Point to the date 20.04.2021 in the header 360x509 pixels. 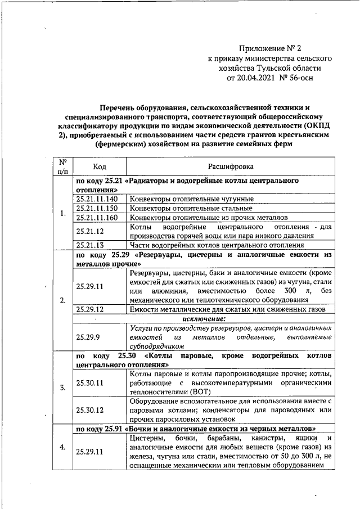coord(255,78)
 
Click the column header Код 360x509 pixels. coord(100,166)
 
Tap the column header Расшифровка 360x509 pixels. coord(231,166)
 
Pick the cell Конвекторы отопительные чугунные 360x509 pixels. coord(191,199)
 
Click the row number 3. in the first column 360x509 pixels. coord(62,388)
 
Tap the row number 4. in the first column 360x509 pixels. coord(62,447)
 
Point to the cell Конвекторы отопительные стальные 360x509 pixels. coord(191,208)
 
